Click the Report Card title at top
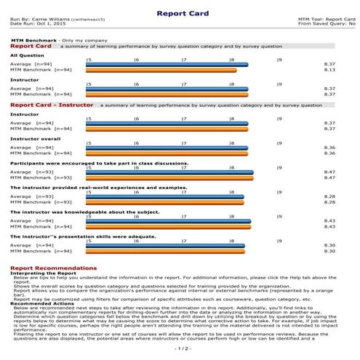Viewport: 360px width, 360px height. pos(180,12)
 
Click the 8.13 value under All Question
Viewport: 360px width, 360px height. pos(329,70)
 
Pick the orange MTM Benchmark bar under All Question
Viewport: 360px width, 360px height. pos(161,70)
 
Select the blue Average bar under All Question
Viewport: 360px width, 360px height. pos(167,65)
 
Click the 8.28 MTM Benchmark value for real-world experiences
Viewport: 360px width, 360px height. pos(329,202)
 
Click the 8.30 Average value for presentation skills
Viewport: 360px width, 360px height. pos(329,246)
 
